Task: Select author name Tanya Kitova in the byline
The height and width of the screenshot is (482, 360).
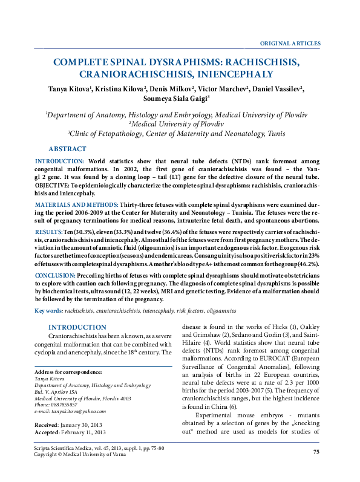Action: tap(70, 89)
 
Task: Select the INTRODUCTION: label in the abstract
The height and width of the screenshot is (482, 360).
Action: tap(59, 162)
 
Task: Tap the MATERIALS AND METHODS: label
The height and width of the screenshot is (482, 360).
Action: tap(76, 206)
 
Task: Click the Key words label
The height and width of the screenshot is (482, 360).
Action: tap(48, 310)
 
